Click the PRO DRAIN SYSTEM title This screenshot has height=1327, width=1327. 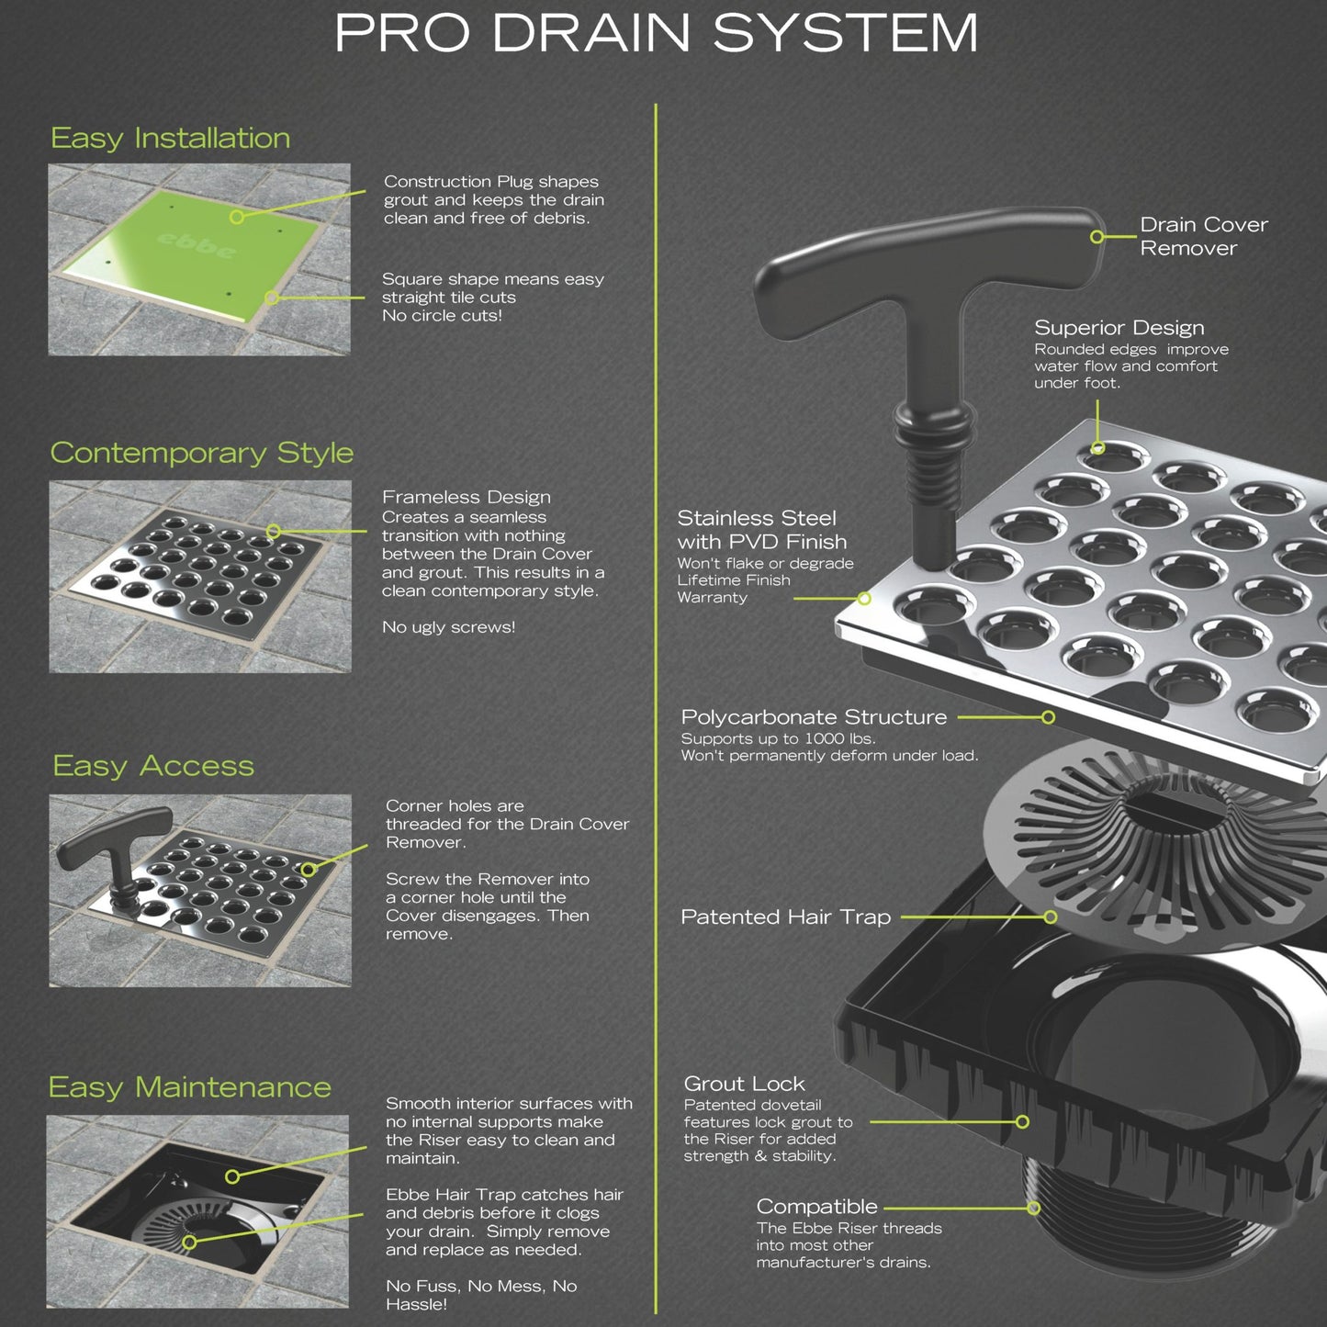[656, 33]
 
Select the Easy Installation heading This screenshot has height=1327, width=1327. [171, 139]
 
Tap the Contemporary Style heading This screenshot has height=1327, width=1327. [201, 453]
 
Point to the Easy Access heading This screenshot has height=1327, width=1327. [153, 766]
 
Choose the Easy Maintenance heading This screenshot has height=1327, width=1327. [189, 1087]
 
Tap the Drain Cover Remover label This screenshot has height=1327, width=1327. [1203, 236]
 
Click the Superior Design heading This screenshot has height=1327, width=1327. [1119, 328]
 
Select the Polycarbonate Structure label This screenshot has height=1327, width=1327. [814, 717]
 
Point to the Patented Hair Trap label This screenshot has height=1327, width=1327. [785, 917]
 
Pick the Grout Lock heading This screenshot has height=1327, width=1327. [744, 1084]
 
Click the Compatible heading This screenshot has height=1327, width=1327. [816, 1207]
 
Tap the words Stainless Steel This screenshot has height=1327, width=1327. [757, 518]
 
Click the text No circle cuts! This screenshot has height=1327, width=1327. [442, 316]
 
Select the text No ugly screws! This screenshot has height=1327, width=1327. [448, 627]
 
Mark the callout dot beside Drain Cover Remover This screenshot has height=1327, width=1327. [1096, 237]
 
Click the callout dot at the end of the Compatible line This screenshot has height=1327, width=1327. [1033, 1208]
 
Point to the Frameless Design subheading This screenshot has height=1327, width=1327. [467, 497]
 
